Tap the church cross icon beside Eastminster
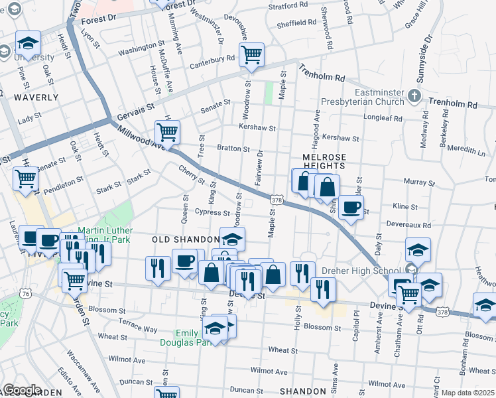point(414,96)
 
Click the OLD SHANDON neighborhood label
point(185,239)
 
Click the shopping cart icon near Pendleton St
point(25,178)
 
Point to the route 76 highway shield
point(25,293)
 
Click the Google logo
point(23,390)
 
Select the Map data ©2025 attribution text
point(468,393)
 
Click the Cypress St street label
point(211,212)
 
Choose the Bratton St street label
point(233,149)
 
